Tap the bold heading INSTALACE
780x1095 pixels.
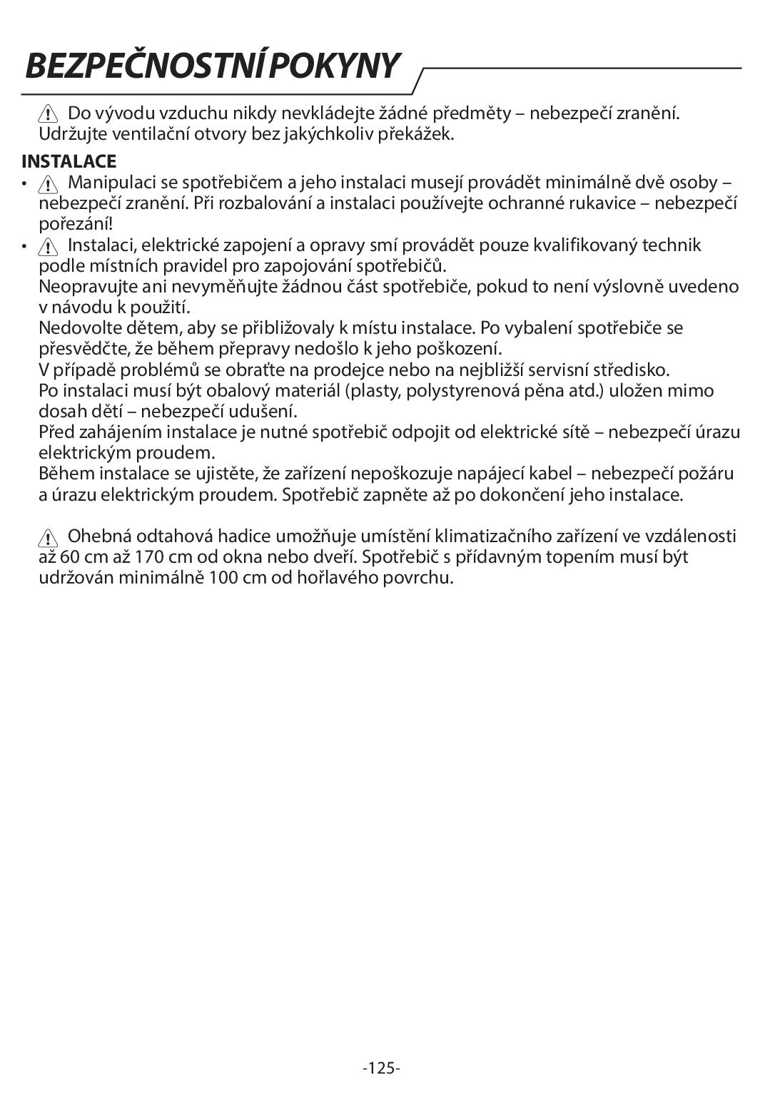69,161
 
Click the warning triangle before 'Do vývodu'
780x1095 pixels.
49,113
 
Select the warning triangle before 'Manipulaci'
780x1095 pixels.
49,184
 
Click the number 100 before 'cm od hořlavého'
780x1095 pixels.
224,577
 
